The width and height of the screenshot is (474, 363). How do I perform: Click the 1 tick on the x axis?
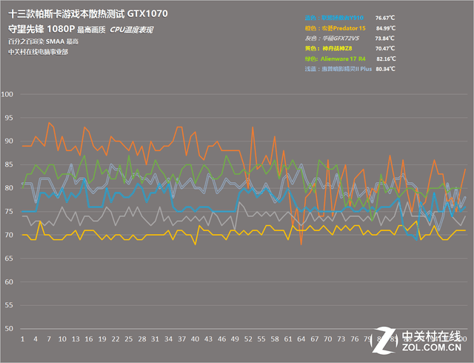[23, 339]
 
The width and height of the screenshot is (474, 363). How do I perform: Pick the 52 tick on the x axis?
[248, 339]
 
